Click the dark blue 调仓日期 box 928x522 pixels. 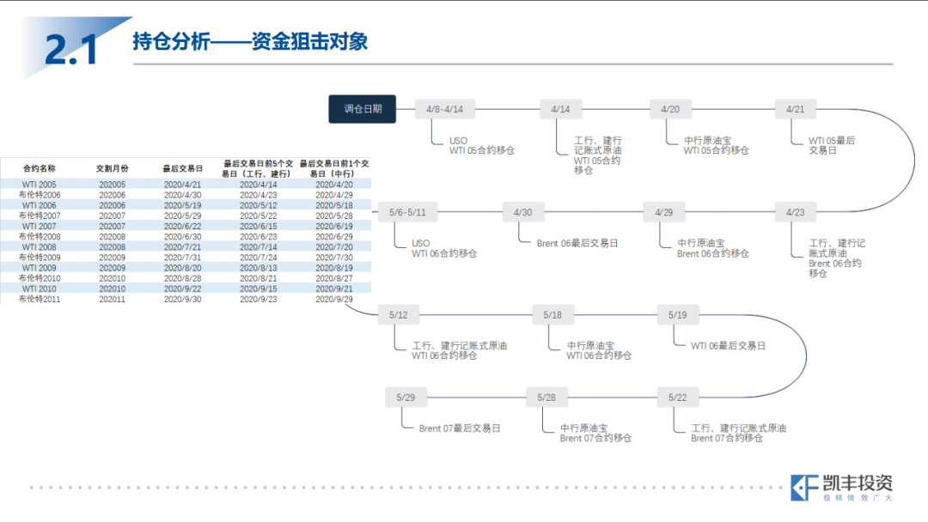click(x=363, y=109)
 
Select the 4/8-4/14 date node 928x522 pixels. click(x=444, y=109)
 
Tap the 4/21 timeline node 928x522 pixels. click(x=795, y=109)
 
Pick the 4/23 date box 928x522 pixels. click(x=795, y=212)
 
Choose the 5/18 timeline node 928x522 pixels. click(x=553, y=315)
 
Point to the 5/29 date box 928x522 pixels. click(x=406, y=398)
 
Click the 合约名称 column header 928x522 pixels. click(x=39, y=168)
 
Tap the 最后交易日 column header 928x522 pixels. click(x=182, y=168)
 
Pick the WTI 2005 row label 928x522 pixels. click(x=39, y=185)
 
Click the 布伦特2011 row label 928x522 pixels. click(x=40, y=299)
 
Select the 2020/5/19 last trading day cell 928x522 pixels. click(x=182, y=205)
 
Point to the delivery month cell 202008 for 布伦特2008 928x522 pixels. click(x=112, y=236)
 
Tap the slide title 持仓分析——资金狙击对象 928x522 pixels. click(x=250, y=41)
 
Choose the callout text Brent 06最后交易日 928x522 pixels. click(x=577, y=244)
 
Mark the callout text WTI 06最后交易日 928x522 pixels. click(x=728, y=346)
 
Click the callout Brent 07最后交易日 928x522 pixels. click(x=460, y=428)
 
